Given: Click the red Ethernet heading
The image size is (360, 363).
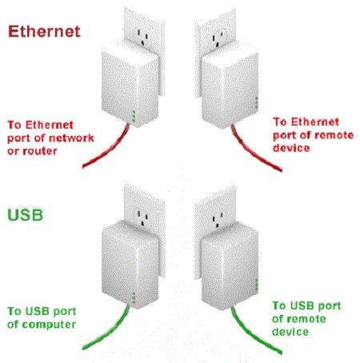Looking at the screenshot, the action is click(x=44, y=31).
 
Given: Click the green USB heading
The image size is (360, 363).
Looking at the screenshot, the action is click(x=26, y=215).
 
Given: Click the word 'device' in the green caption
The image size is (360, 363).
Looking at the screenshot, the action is click(x=290, y=332).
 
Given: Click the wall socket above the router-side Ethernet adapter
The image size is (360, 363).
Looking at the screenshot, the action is click(x=142, y=37).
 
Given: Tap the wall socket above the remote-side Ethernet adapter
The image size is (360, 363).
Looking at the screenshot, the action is click(x=218, y=39).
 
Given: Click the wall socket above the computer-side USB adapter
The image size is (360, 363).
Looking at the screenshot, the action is click(x=142, y=217).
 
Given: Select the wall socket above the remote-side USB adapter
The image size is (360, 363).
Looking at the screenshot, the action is click(x=218, y=220).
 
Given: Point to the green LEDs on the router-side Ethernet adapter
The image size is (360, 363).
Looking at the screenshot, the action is click(x=134, y=116).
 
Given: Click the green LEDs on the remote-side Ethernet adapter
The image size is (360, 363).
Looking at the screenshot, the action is click(x=257, y=102).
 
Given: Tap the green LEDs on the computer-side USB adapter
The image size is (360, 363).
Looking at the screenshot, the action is click(x=134, y=297).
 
